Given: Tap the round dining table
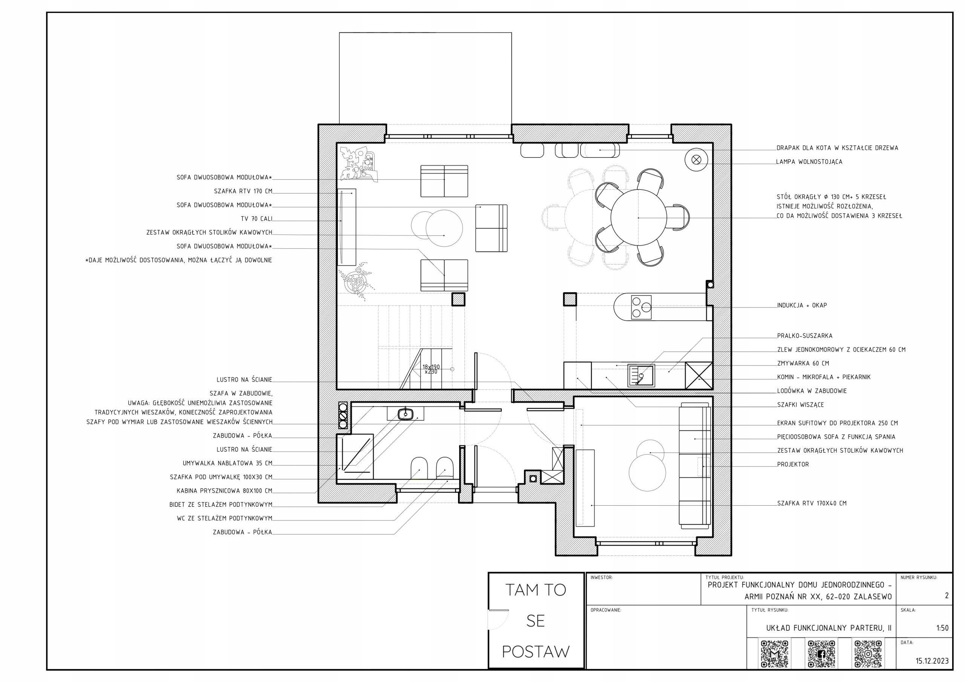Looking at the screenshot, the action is pos(638,218).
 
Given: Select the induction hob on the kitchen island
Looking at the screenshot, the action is pos(641,307).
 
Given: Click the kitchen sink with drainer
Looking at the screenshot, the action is pos(641,375).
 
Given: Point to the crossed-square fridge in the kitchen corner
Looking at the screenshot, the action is pos(699,376).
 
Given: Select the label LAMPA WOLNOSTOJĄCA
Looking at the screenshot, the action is pos(809,162).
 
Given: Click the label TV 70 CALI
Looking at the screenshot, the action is pos(256,219).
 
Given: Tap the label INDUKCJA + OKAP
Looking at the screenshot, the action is pos(802,306).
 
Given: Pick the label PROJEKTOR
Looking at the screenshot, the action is pos(793,464).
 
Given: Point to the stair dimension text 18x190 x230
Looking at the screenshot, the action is pos(431,369).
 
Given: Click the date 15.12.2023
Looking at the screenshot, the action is pos(932,661).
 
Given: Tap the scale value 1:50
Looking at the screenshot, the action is pos(942,628).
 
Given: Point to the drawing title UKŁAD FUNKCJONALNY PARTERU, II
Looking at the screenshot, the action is pos(829,628).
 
